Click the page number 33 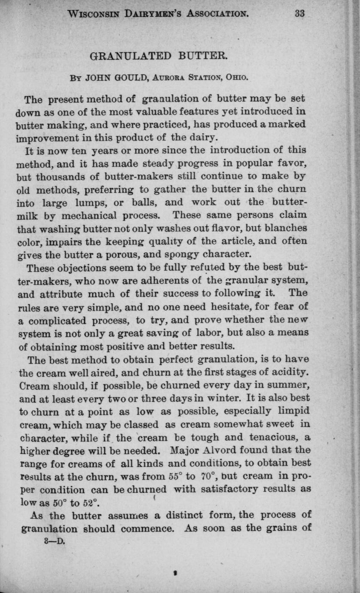coord(299,13)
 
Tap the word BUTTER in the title coord(201,56)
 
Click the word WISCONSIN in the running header coord(96,13)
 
